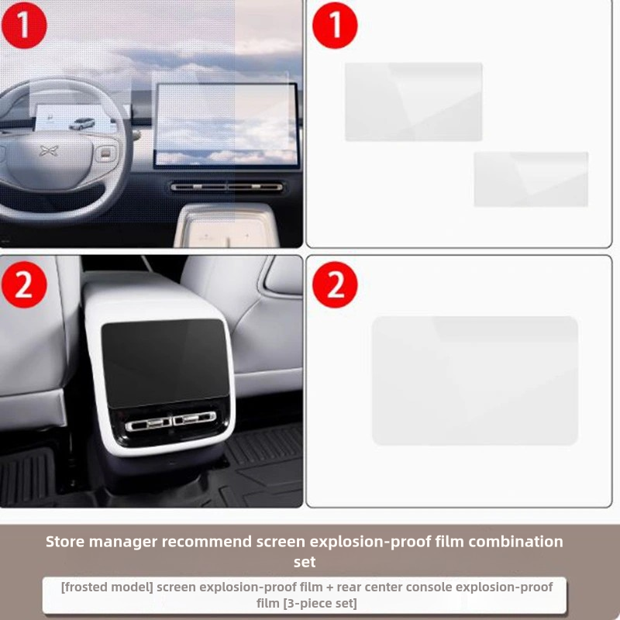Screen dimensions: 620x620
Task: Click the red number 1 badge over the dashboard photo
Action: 24,26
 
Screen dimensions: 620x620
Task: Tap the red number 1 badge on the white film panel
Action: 335,26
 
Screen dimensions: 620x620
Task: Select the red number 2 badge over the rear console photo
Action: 24,284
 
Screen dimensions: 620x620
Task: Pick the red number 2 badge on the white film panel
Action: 335,284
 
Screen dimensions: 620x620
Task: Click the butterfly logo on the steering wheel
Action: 49,150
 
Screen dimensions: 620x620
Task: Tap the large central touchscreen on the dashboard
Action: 226,125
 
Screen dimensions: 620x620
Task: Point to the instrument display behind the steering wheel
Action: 73,118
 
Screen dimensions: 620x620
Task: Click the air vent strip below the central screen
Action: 226,187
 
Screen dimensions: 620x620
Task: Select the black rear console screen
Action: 164,363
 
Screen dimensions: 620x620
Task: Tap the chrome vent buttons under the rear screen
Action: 170,421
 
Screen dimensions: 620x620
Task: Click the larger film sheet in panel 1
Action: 414,102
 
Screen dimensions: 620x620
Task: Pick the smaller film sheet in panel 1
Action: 531,179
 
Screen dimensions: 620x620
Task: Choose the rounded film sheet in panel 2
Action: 475,381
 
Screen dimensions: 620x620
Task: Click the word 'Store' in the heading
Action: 65,541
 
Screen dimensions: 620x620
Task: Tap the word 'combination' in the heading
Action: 516,541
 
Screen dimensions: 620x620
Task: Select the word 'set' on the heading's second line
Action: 305,562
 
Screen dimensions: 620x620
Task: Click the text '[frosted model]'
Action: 107,587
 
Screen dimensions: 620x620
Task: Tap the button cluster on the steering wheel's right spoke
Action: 105,153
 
